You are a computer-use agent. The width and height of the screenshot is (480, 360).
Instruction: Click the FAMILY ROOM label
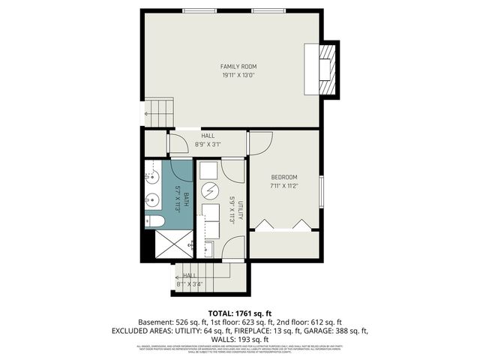point(238,67)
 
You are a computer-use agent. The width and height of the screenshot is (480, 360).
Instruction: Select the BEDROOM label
point(284,177)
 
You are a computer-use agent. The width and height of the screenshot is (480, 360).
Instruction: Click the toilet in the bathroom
point(154,220)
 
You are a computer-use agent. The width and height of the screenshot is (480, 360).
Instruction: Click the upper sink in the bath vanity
point(150,177)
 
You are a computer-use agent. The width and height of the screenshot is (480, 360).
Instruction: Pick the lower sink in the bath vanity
point(150,200)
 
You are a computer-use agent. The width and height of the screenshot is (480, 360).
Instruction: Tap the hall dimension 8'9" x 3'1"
point(208,143)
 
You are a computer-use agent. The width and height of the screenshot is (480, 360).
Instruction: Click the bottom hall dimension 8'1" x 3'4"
point(190,283)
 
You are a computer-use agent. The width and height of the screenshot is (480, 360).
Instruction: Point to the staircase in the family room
point(158,112)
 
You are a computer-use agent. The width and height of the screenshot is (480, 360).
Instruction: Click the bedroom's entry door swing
point(259,142)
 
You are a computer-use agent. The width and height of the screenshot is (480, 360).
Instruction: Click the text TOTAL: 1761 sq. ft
point(239,312)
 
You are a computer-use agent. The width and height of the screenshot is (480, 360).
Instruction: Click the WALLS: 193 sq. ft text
point(239,339)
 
